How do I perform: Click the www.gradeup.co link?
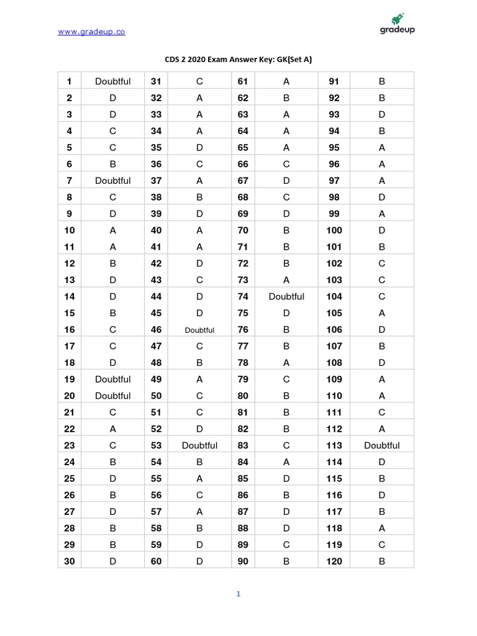(91, 32)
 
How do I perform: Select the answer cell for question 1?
(113, 81)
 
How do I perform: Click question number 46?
(156, 330)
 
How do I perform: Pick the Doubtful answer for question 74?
(286, 297)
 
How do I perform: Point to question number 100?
(334, 230)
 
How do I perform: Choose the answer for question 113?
(382, 445)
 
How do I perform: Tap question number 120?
(334, 561)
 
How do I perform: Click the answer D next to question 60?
(199, 561)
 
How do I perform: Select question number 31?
(156, 81)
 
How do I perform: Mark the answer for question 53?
(199, 445)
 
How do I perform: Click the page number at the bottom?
(238, 594)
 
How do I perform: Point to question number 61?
(243, 81)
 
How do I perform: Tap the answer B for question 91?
(382, 81)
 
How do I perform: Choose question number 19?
(70, 379)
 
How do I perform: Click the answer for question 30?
(113, 561)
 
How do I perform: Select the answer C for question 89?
(286, 545)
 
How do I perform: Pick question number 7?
(70, 181)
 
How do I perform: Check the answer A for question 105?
(382, 313)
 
